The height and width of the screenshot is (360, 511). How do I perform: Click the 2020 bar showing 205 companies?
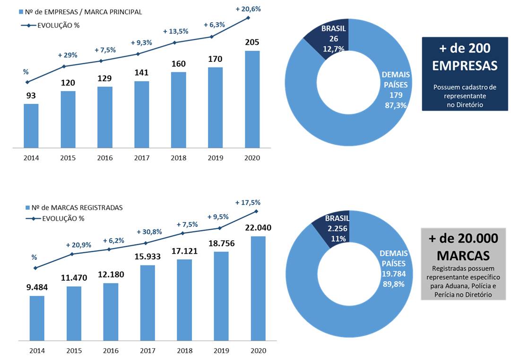point(252,99)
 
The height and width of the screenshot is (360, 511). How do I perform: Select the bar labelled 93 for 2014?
point(31,126)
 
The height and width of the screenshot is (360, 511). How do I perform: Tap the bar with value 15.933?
point(147,302)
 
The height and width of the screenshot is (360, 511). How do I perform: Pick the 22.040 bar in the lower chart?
point(258,288)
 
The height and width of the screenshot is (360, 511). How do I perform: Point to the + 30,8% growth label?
point(149,232)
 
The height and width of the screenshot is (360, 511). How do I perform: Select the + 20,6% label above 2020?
point(248,9)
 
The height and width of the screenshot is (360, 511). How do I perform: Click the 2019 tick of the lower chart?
point(221,351)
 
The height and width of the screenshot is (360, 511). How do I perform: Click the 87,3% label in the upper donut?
point(396,105)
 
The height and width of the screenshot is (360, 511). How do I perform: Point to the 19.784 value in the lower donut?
point(393,274)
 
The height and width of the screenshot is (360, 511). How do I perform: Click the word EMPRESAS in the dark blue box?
point(465,66)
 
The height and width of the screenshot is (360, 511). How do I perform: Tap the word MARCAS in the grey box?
point(463,256)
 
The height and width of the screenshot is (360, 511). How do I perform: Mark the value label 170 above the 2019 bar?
point(216,60)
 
